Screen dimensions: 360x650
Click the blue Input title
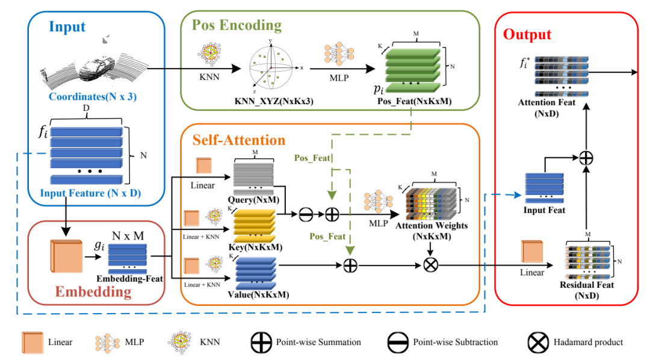tap(67, 26)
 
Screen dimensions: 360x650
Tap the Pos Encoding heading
tap(237, 25)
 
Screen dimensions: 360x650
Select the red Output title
tap(527, 34)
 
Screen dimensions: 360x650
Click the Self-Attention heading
tap(239, 140)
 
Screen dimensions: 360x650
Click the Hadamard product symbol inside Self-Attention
tap(430, 265)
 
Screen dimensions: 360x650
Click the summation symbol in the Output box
tap(586, 158)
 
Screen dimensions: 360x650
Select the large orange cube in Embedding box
tap(64, 256)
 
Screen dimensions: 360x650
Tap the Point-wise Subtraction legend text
tap(455, 342)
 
